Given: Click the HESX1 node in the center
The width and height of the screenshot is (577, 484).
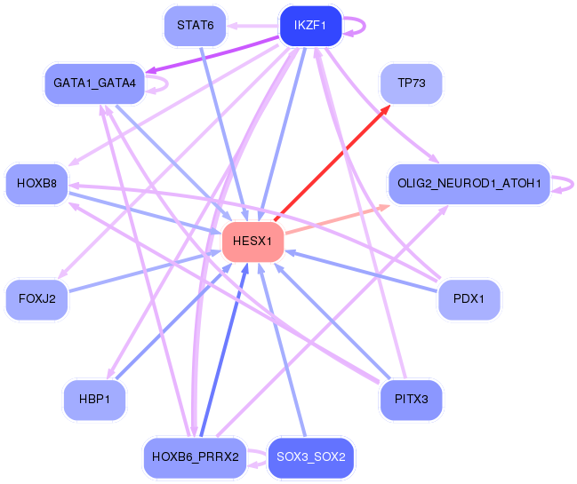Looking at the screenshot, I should point(252,242).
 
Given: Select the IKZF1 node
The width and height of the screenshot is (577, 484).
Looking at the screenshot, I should point(305,26).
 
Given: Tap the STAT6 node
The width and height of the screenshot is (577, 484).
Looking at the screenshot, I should point(195,25).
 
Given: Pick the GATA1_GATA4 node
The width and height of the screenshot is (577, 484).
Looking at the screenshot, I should point(94,83).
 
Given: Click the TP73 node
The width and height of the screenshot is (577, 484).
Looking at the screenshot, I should point(411,84).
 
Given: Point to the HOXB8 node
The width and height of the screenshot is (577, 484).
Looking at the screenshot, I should point(36,184).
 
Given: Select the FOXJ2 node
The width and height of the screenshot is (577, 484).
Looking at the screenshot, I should point(36,299).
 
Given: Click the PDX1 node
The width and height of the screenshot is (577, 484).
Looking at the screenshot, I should point(469,299).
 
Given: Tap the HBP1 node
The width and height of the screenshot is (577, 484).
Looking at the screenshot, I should point(94,400).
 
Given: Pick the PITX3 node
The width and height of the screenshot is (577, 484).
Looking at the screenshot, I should point(410,400).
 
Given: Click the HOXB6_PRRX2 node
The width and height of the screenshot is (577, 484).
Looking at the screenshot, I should point(195,457).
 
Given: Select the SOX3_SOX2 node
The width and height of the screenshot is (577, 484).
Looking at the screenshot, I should point(310,457).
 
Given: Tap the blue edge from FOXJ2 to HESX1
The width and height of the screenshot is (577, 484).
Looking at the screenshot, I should point(142,270).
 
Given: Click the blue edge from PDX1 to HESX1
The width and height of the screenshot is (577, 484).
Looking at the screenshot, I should point(365,270).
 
